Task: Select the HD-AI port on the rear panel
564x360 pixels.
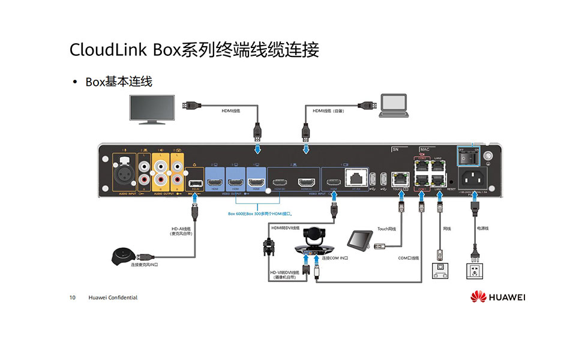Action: click(195, 182)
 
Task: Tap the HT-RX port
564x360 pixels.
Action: click(356, 178)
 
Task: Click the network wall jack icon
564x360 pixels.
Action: click(442, 270)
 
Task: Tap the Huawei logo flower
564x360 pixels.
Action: click(478, 296)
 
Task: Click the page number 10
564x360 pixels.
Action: click(73, 298)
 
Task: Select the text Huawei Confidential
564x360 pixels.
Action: click(113, 298)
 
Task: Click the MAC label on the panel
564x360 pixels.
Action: click(425, 149)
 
